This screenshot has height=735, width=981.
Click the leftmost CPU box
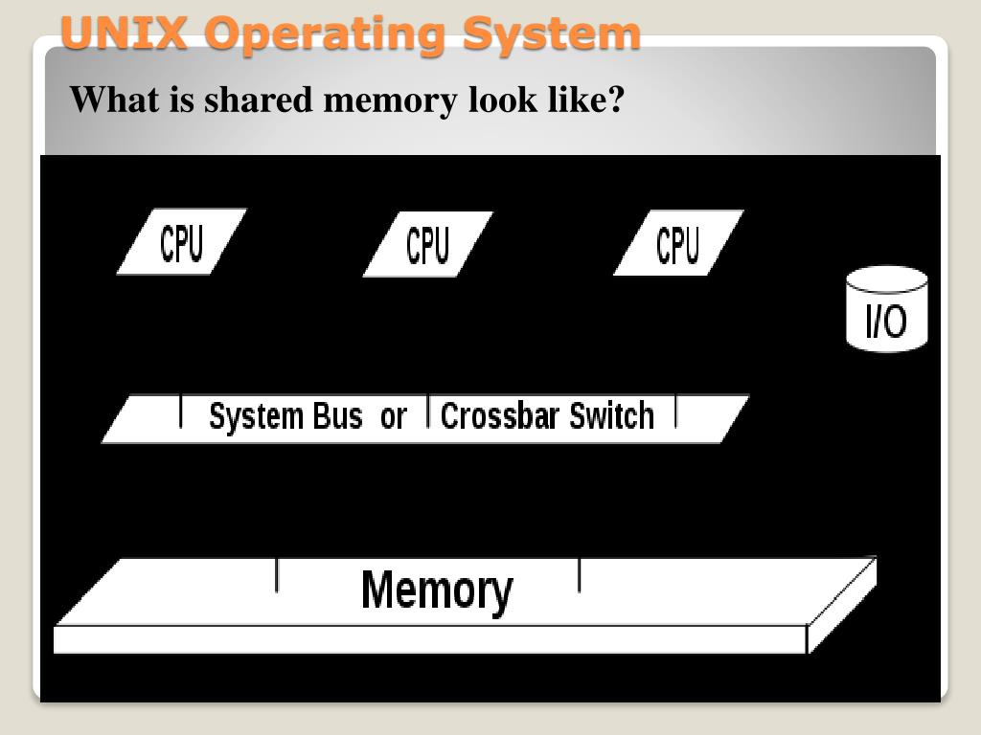point(181,242)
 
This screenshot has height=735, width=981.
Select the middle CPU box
point(427,244)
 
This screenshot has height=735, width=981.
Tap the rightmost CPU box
point(677,243)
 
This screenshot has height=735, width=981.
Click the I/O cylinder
point(887,308)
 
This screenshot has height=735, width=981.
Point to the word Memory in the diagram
point(437,590)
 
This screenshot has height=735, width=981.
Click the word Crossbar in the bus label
point(500,417)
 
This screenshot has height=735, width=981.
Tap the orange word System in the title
point(551,34)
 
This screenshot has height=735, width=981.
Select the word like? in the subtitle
point(586,99)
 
